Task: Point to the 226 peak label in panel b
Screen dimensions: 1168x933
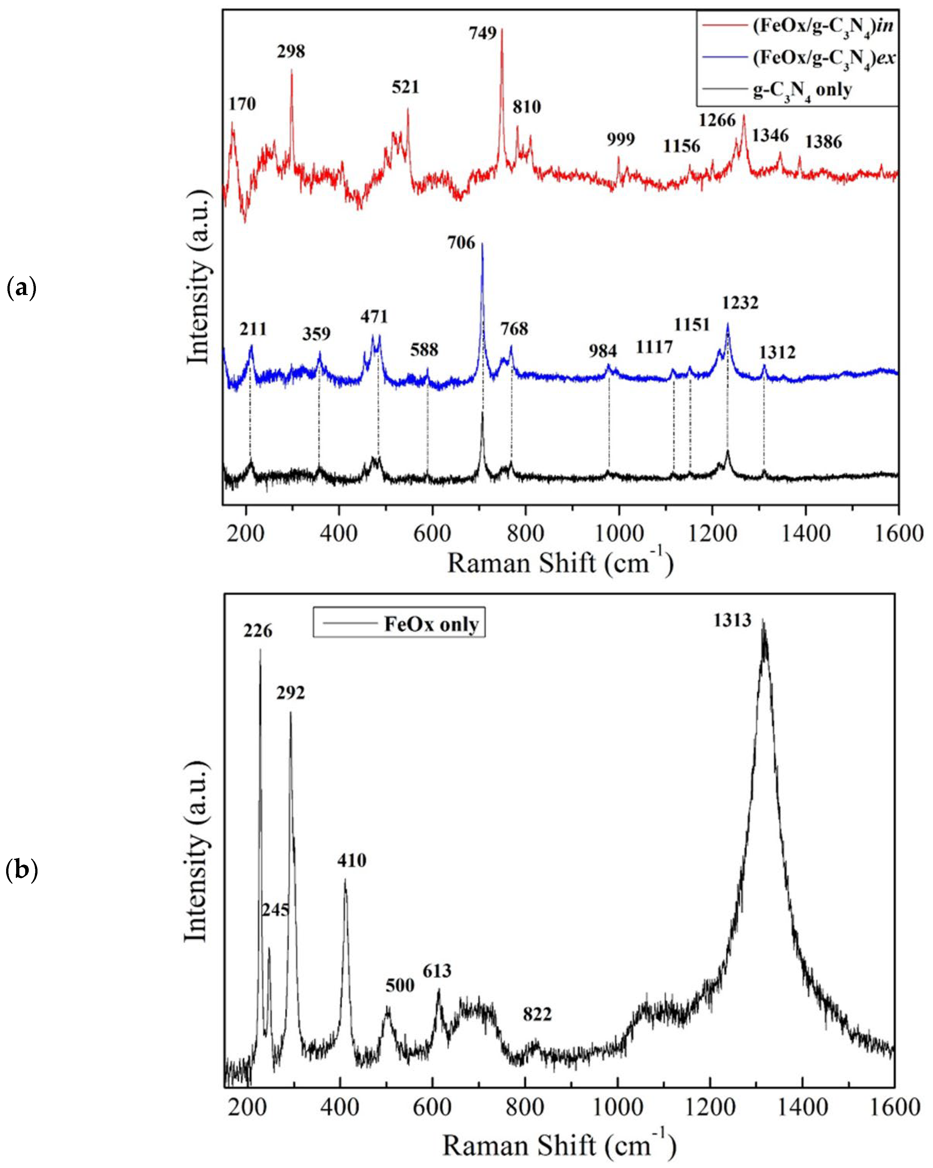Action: click(x=258, y=631)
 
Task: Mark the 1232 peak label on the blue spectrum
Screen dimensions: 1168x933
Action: click(x=740, y=302)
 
